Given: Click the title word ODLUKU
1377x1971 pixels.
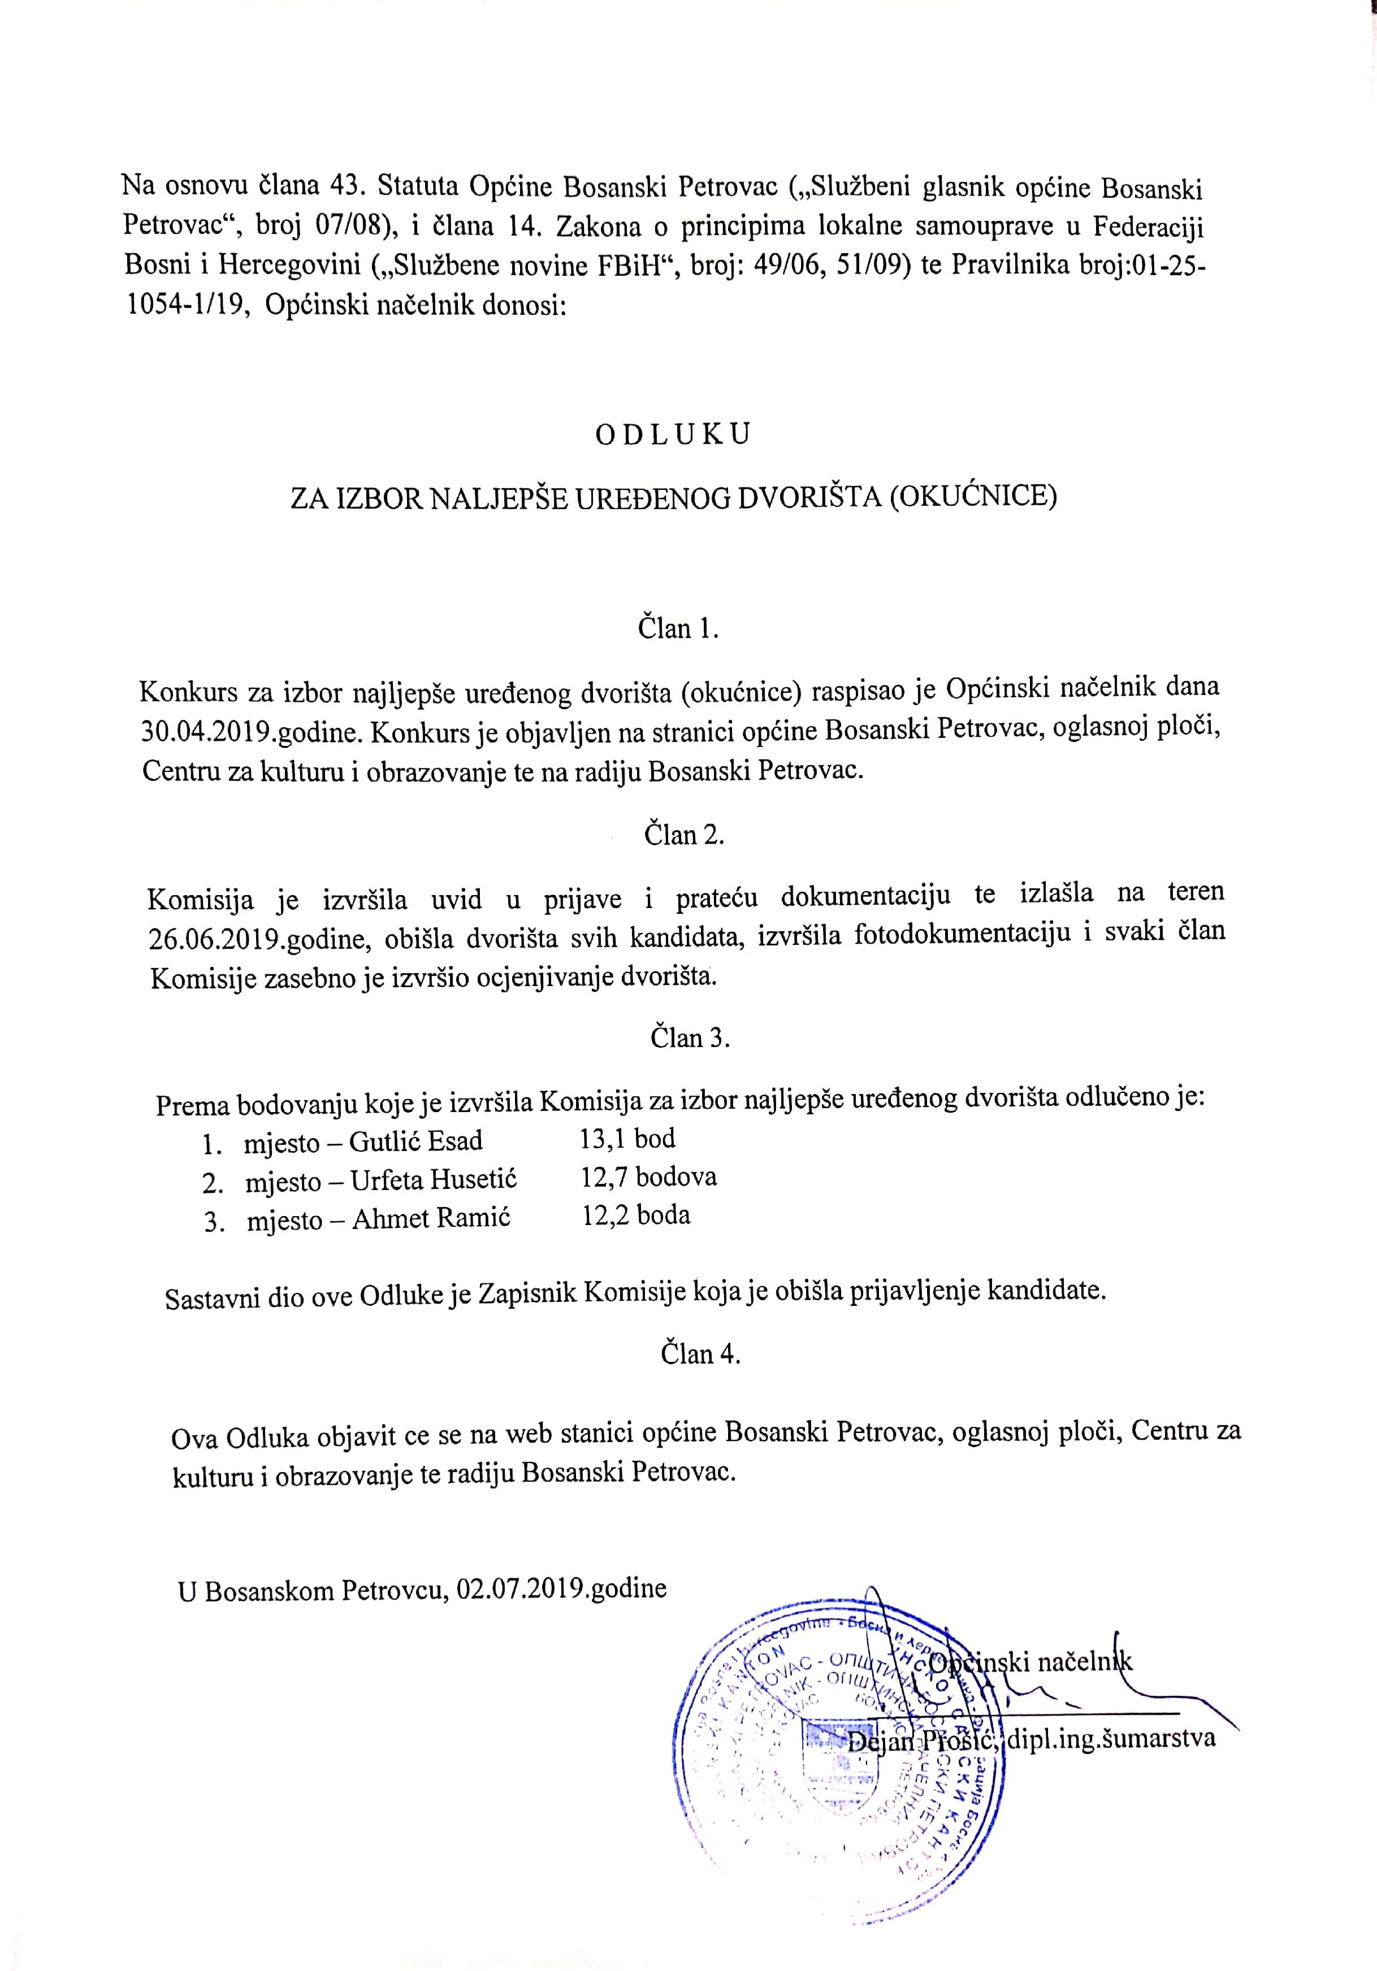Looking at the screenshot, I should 673,435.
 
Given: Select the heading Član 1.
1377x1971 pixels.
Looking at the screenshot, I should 677,628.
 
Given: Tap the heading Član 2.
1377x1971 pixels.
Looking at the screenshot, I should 684,835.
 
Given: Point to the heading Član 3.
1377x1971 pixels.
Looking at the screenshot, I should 690,1038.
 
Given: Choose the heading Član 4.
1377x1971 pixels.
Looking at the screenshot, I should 700,1354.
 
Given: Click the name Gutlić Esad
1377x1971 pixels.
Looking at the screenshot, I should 415,1141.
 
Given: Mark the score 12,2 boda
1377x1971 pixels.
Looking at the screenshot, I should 636,1215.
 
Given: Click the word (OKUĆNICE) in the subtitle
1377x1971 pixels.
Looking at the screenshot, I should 973,496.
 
